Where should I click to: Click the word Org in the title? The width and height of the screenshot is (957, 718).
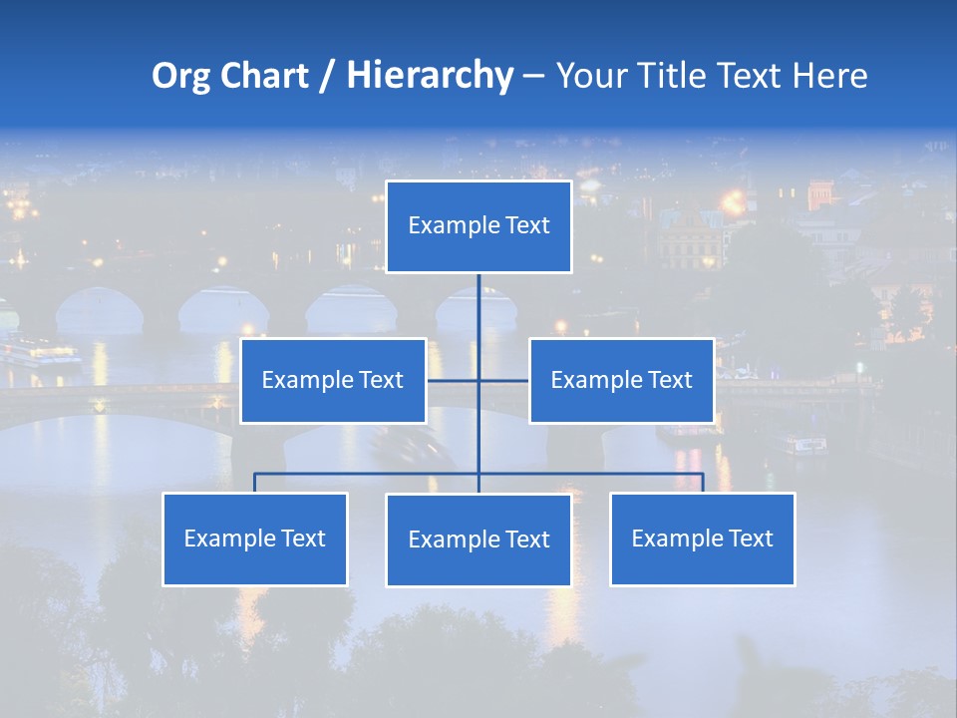(180, 76)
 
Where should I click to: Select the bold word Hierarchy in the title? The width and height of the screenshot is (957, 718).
(429, 76)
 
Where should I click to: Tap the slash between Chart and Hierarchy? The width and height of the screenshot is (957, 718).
(327, 76)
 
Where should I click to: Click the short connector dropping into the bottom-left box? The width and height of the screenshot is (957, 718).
(255, 483)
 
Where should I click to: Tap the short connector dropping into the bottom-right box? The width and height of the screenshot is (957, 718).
(703, 483)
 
